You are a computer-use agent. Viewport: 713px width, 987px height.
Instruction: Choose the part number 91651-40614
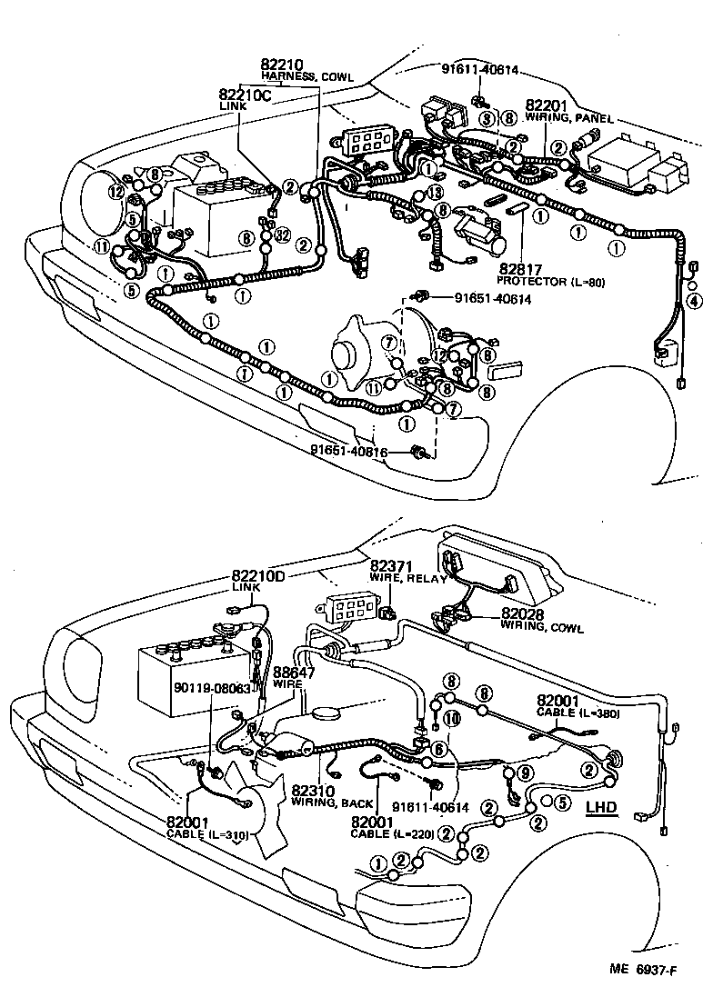[x=487, y=298]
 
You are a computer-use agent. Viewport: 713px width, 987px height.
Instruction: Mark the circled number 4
[x=693, y=301]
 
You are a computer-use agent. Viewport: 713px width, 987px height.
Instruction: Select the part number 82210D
[x=257, y=575]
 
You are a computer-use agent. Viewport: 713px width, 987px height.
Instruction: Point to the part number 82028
[x=521, y=615]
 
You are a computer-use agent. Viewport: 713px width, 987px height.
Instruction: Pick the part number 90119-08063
[x=213, y=689]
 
